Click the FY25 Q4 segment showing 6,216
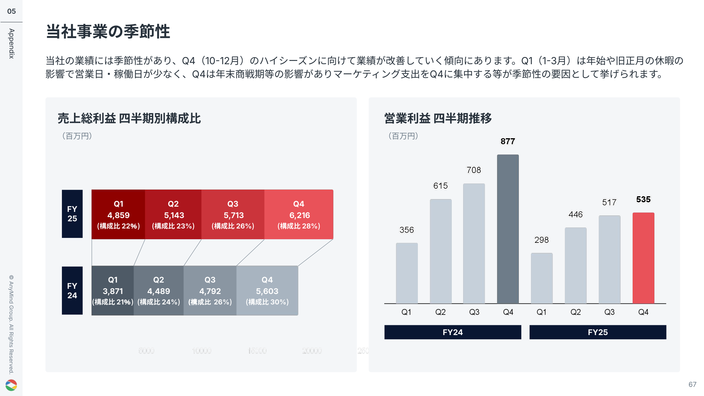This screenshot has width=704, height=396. [x=299, y=214]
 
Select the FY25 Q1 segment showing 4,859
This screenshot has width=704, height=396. [x=118, y=214]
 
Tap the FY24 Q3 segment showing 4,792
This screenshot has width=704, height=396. [x=210, y=290]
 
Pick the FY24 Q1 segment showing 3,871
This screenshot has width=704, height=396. [x=113, y=290]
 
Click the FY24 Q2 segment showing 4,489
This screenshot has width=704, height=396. [x=159, y=290]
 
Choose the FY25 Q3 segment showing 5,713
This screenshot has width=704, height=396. [x=233, y=214]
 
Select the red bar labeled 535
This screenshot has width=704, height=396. [x=643, y=258]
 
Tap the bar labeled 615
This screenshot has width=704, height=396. [x=441, y=251]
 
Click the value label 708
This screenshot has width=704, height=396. [x=474, y=170]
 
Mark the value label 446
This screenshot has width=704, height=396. [x=576, y=214]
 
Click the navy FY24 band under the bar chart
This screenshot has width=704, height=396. [x=453, y=332]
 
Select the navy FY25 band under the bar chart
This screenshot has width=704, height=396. [x=598, y=332]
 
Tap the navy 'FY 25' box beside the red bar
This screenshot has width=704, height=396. [x=72, y=214]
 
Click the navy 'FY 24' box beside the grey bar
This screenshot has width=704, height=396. [x=72, y=290]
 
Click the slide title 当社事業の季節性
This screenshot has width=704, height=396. [x=108, y=32]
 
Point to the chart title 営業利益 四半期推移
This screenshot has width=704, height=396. [x=438, y=118]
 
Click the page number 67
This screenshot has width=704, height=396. [x=692, y=385]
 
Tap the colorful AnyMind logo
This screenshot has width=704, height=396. [x=11, y=385]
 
